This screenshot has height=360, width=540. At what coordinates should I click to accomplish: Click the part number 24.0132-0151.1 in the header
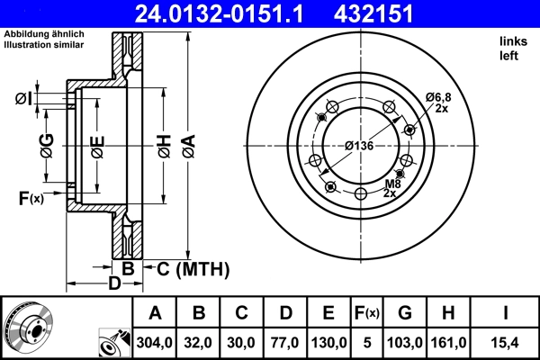pyautogui.click(x=231, y=13)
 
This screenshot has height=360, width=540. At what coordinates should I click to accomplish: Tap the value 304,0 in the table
pyautogui.click(x=156, y=342)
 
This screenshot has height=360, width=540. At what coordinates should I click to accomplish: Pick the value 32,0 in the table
pyautogui.click(x=199, y=342)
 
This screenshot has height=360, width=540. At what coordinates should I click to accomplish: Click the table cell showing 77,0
pyautogui.click(x=285, y=342)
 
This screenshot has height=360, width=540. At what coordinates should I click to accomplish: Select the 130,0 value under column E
pyautogui.click(x=328, y=342)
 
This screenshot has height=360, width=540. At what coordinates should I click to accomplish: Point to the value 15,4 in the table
pyautogui.click(x=506, y=342)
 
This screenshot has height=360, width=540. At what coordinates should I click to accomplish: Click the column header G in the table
pyautogui.click(x=405, y=313)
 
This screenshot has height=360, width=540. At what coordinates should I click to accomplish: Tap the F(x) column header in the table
pyautogui.click(x=367, y=313)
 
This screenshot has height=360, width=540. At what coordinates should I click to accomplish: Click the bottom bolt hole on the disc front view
pyautogui.click(x=360, y=193)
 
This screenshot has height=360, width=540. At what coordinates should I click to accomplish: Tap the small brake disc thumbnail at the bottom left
pyautogui.click(x=28, y=326)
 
